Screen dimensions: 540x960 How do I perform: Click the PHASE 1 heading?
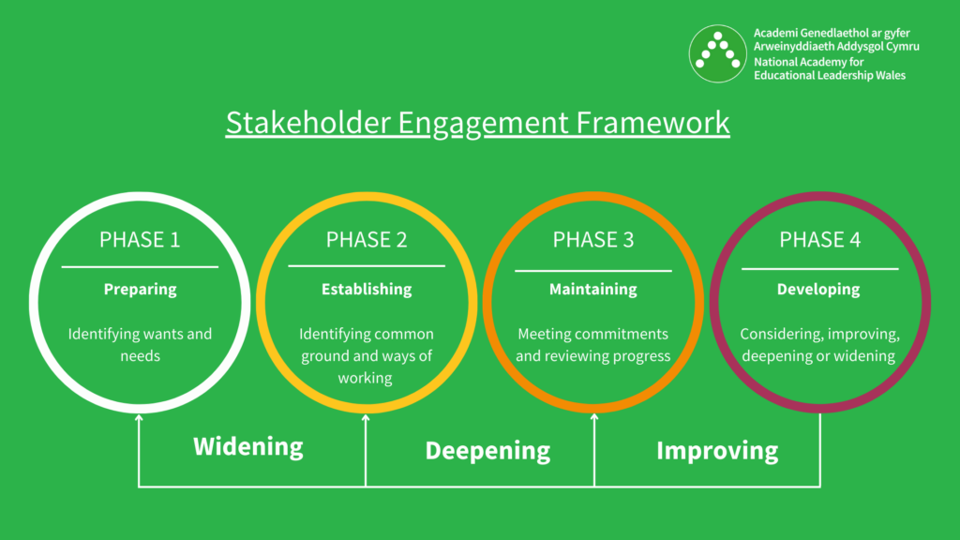140,240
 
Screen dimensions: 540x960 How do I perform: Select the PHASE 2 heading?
367,240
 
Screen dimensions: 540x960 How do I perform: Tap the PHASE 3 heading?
593,240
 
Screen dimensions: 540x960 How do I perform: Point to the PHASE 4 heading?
820,240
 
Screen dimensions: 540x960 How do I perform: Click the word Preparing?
140,289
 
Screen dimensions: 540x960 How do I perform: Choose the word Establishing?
367,289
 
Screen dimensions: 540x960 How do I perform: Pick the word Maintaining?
593,289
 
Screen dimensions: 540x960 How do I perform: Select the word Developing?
818,289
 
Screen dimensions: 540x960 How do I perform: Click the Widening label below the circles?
248,446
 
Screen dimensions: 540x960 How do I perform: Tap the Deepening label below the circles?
487,451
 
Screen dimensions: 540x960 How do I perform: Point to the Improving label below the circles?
717,451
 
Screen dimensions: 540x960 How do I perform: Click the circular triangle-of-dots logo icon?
718,53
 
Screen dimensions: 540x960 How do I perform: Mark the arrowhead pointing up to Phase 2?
366,419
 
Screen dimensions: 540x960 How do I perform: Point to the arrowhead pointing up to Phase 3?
594,419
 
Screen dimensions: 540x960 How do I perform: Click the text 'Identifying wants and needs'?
140,345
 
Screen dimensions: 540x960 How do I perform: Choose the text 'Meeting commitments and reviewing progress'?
593,345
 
